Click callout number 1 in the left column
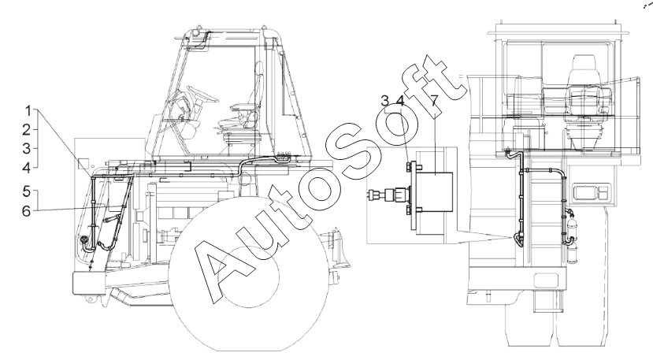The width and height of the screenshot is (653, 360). (x=28, y=111)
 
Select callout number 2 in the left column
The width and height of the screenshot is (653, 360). (x=27, y=130)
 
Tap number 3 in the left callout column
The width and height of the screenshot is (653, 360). (x=27, y=148)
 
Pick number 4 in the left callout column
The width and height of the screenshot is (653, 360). (x=27, y=168)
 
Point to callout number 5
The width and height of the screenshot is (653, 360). (x=27, y=192)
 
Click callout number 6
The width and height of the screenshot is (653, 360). (x=27, y=211)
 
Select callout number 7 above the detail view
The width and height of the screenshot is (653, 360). (x=434, y=100)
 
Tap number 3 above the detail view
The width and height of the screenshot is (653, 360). (x=385, y=100)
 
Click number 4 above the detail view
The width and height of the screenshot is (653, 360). (x=400, y=100)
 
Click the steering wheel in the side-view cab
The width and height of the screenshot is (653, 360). (x=202, y=95)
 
